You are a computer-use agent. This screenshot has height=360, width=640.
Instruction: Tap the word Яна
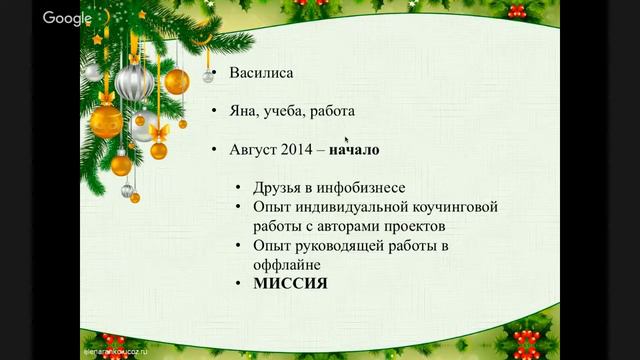[x=245, y=111]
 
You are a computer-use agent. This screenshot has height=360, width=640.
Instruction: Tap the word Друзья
[x=280, y=188]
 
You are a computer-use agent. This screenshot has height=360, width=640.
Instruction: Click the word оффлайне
[x=287, y=264]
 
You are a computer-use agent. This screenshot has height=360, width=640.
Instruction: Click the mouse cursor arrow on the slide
[x=347, y=140]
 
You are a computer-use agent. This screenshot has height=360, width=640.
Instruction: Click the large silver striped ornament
[x=134, y=81]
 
